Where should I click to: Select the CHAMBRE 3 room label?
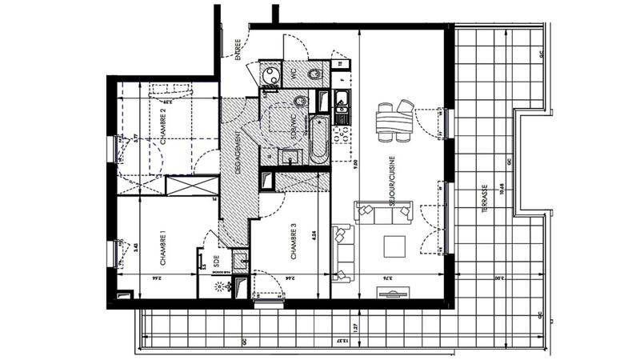294,242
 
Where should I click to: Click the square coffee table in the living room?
395,246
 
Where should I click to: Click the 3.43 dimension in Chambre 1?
137,247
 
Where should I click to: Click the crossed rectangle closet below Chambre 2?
191,185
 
